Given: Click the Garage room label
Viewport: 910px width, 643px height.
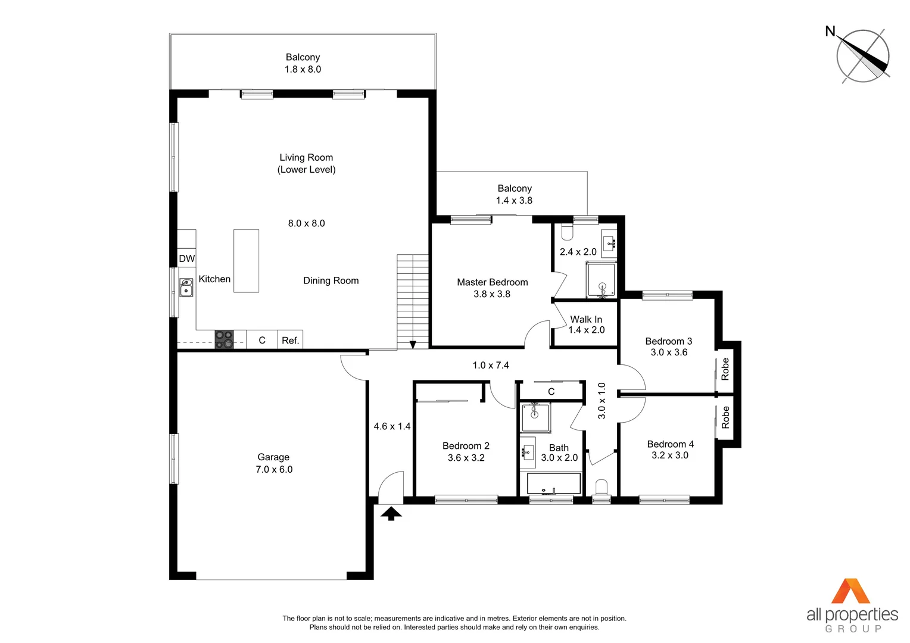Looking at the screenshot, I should coord(273,457).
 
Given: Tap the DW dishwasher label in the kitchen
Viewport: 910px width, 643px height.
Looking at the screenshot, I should coord(187,258).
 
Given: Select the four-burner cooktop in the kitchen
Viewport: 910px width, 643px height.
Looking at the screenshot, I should coord(224,339).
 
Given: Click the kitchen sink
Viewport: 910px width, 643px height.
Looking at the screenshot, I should coord(186,288).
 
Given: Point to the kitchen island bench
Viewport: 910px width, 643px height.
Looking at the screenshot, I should coord(246,261).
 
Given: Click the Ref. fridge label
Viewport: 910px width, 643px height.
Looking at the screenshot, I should coord(291,341).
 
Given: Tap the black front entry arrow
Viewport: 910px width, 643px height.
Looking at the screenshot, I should coord(391,513).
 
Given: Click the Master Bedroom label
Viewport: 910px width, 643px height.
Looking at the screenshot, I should coord(492,282).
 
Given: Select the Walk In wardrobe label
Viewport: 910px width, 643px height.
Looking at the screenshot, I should coord(586,320).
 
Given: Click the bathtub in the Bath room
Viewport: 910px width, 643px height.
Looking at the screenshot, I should coord(553,483).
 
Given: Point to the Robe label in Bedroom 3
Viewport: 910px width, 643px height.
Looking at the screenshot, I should coord(725,369).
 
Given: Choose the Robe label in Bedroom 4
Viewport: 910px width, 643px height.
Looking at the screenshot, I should coord(725,417).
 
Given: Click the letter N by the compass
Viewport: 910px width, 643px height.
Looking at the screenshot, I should coord(830,32).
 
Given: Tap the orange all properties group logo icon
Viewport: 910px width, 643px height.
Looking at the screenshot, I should coord(850,591).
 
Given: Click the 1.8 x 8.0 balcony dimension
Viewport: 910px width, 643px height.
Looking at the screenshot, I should coord(303,70).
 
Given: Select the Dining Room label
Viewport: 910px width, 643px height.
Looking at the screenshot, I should coord(331,281).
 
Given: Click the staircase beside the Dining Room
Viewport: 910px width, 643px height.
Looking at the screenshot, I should coord(413,301).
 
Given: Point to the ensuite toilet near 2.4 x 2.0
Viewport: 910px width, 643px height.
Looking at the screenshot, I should coord(567,232).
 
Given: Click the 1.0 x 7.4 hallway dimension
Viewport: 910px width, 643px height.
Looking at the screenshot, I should coord(491,366).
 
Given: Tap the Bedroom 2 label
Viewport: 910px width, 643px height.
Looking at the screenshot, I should coord(466,446).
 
